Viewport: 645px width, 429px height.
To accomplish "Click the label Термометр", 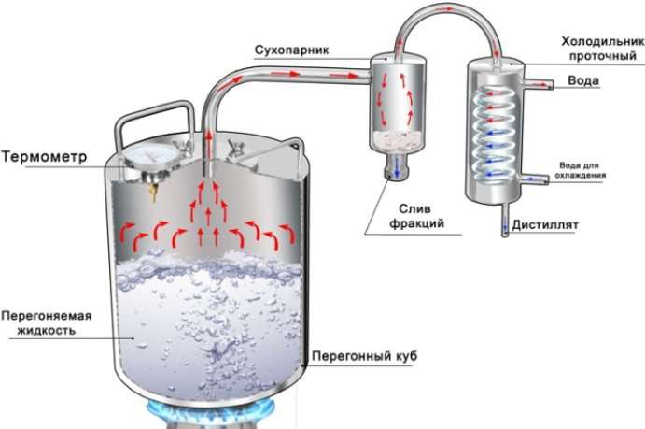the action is click(45, 157).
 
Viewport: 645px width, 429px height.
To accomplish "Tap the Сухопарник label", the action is click(291, 50).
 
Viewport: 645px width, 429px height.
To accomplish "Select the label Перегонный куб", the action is click(364, 356).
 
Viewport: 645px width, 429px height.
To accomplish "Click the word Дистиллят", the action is click(545, 225).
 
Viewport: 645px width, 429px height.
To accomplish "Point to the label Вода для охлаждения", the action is click(580, 170).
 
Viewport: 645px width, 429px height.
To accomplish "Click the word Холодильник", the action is click(603, 41).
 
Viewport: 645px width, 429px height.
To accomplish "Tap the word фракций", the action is click(416, 223).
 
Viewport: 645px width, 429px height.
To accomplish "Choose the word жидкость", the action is click(47, 331).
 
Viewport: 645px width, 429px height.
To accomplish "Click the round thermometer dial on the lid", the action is click(152, 156).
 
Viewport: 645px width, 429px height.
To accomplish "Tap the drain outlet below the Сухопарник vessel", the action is click(397, 166).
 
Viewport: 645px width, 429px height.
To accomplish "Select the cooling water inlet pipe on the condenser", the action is click(533, 179).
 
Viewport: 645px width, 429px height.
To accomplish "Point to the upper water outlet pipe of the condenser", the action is click(539, 83).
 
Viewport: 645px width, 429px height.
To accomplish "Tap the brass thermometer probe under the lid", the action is click(154, 192).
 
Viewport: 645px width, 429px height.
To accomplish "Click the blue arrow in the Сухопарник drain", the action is click(397, 166).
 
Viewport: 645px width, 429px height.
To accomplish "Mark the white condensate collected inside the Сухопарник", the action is click(397, 140).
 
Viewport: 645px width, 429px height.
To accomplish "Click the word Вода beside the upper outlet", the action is click(583, 80).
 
